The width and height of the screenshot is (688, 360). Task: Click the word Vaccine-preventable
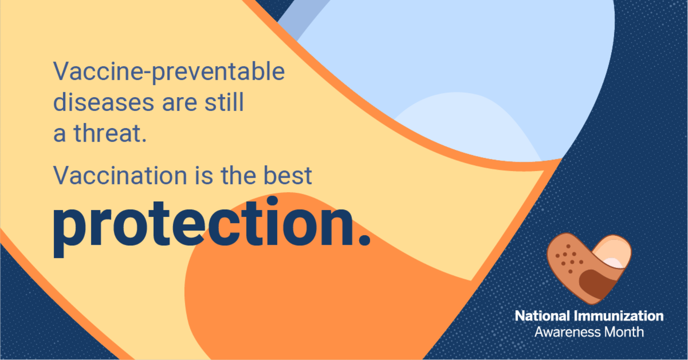tap(169, 72)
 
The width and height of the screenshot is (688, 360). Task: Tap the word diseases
tap(103, 102)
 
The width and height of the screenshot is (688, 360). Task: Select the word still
tap(224, 102)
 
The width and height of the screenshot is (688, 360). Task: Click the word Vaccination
tap(120, 176)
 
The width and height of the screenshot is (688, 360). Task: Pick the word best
tap(288, 176)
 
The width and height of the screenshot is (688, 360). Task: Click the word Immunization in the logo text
tap(619, 316)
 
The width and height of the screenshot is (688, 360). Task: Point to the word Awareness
tap(568, 332)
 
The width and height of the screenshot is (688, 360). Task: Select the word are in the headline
tap(180, 102)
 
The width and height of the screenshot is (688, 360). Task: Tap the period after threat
tap(144, 140)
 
